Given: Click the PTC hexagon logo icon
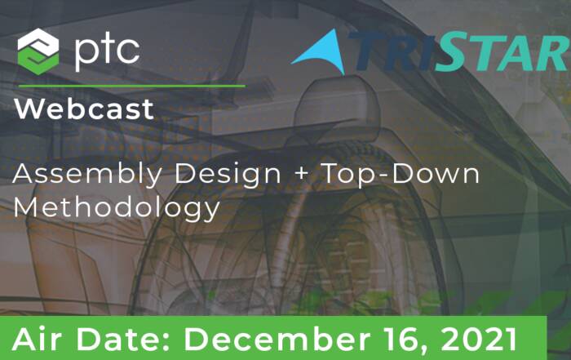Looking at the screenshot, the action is (38, 51).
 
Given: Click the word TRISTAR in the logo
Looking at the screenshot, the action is (458, 51).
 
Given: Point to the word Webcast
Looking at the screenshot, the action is (85, 109).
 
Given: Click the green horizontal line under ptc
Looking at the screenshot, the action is (131, 87).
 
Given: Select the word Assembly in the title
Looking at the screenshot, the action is (87, 175).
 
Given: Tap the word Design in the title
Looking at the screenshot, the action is (228, 175).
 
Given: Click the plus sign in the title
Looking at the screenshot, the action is (302, 173).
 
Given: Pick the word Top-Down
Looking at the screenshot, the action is (401, 173).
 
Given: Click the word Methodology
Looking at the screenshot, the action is (117, 209).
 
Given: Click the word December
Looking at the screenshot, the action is (277, 340).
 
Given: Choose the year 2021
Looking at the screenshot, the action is (480, 340).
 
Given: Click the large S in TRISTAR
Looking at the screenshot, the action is (449, 51).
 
